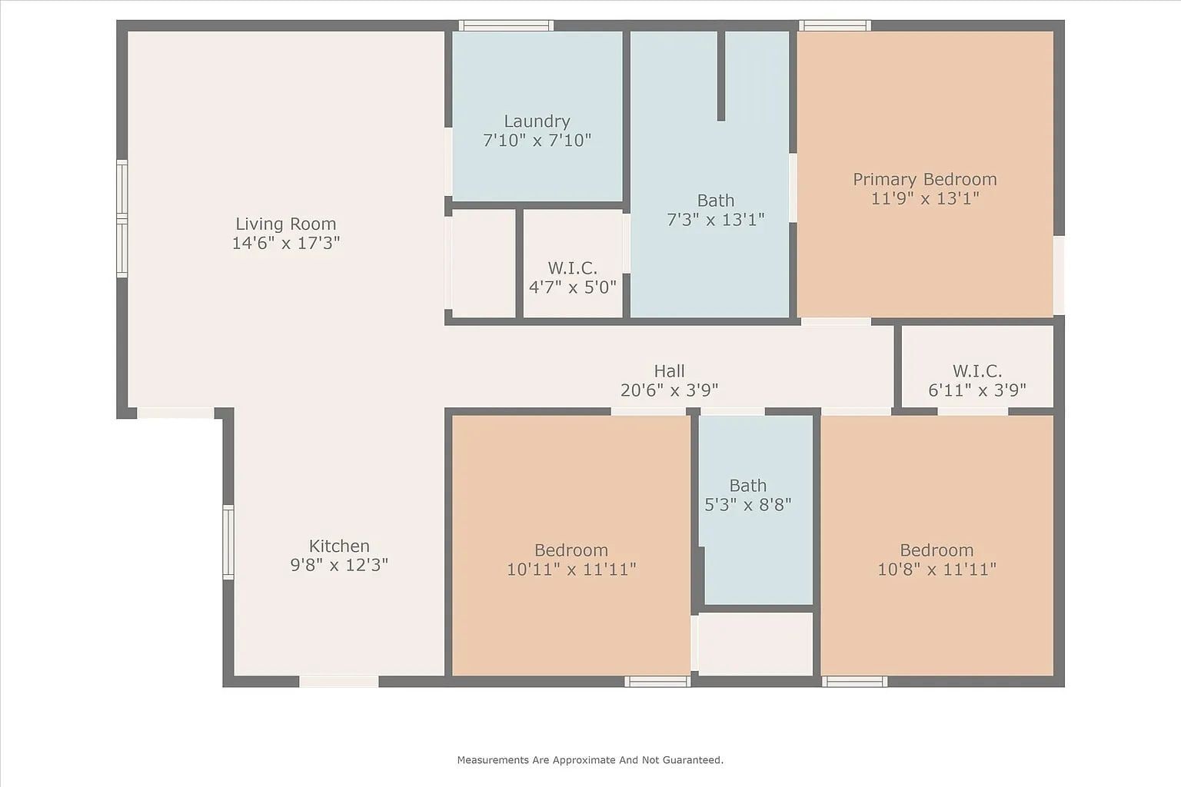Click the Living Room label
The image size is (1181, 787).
tap(285, 224)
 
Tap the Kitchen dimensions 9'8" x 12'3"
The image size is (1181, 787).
tap(338, 566)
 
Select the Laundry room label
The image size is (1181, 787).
tap(537, 121)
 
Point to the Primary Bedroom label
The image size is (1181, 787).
tap(924, 179)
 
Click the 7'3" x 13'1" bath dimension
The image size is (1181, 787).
tap(715, 220)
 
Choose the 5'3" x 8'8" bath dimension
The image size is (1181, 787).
tap(747, 505)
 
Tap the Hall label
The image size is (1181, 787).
tap(669, 371)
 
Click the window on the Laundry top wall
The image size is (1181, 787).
tap(506, 25)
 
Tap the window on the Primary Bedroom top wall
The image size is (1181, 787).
tap(834, 25)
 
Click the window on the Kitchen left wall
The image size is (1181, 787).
tap(228, 542)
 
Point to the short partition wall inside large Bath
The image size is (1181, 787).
tap(720, 75)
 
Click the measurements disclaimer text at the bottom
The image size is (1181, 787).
tap(590, 760)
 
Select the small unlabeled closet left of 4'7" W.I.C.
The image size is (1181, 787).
tap(484, 263)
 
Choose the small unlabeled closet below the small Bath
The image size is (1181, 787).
tap(755, 644)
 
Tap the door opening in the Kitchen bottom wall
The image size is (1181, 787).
tap(338, 681)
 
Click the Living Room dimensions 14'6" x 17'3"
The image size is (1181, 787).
tap(285, 244)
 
